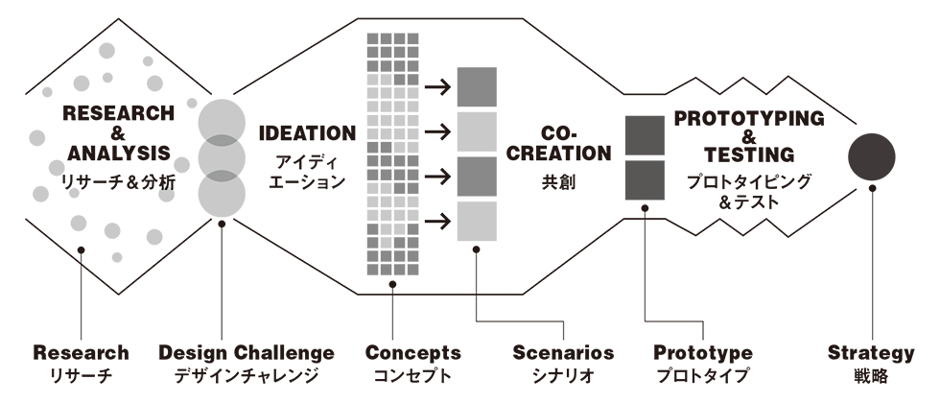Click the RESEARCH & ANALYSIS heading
pyautogui.click(x=119, y=132)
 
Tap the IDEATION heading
pyautogui.click(x=307, y=132)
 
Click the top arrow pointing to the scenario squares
pyautogui.click(x=438, y=87)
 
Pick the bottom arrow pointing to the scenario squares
pyautogui.click(x=438, y=222)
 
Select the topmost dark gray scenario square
pyautogui.click(x=477, y=87)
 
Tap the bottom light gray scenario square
pyautogui.click(x=477, y=221)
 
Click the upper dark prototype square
pyautogui.click(x=646, y=135)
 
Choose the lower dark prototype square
pyautogui.click(x=646, y=179)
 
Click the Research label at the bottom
pyautogui.click(x=81, y=353)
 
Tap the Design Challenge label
pyautogui.click(x=247, y=353)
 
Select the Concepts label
pyautogui.click(x=413, y=353)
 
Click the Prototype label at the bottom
pyautogui.click(x=703, y=353)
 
